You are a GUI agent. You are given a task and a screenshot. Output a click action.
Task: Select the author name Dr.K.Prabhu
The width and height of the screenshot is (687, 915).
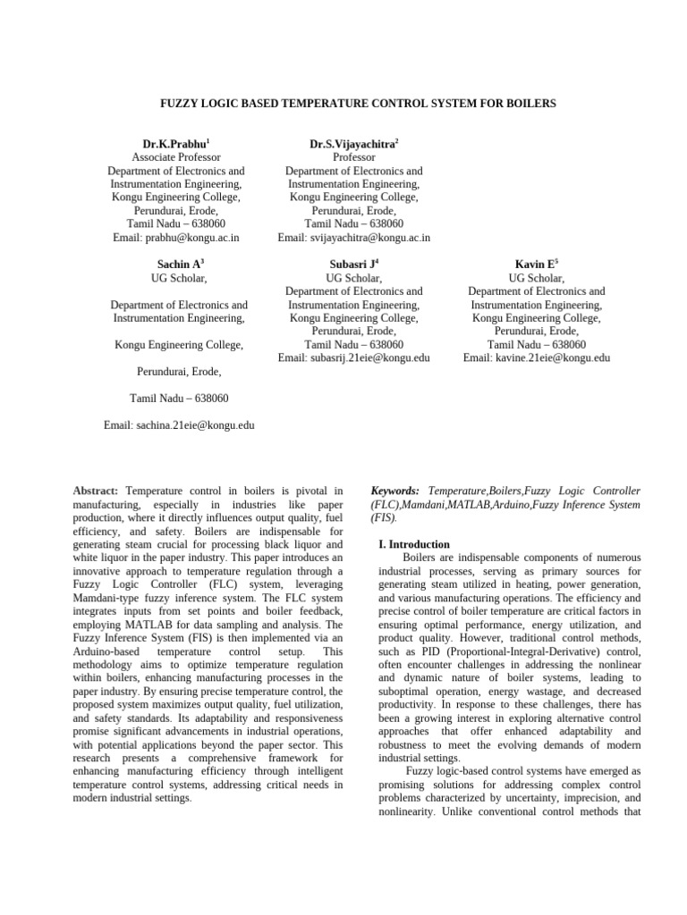pos(174,144)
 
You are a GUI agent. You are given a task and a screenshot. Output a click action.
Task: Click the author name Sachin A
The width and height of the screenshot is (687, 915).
pos(176,264)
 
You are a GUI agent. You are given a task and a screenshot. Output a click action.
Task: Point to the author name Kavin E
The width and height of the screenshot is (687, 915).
pos(535,264)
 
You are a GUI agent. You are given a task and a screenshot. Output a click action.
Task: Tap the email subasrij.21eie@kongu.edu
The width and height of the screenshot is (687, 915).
pos(374,358)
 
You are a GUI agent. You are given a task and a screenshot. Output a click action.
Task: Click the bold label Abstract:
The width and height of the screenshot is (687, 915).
pos(96,491)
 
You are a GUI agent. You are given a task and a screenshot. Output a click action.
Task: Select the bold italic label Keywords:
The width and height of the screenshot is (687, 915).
pos(396,491)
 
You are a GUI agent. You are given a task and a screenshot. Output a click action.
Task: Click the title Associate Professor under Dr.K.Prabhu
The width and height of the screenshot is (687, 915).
pos(176,157)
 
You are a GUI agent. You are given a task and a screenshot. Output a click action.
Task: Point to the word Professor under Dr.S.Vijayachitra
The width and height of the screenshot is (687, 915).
pos(353,157)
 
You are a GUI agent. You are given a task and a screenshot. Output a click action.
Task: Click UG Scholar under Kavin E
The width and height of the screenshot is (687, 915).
pos(536,278)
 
